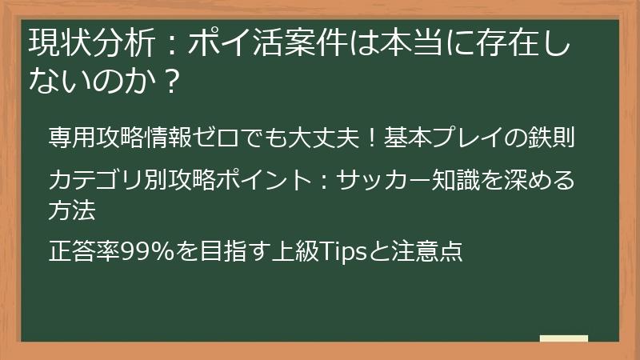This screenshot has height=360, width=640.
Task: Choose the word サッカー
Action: [382, 179]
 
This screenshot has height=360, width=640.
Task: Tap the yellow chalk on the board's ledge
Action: [564, 338]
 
